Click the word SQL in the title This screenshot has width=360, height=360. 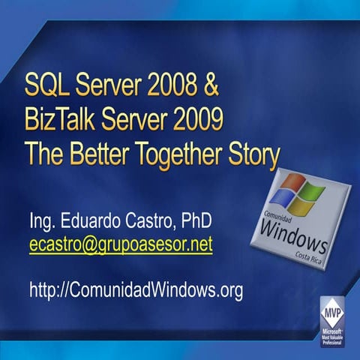(x=46, y=87)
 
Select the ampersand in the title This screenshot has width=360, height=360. (x=211, y=87)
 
